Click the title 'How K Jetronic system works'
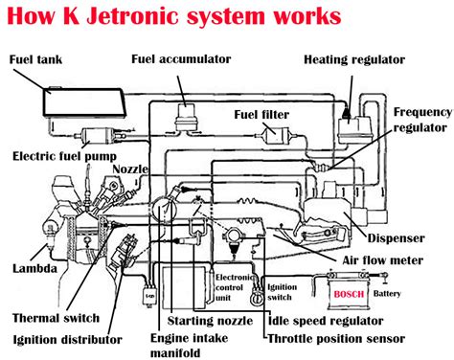(x=171, y=17)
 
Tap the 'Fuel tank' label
(x=34, y=58)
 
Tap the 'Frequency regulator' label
(x=421, y=119)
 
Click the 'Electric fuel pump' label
(x=65, y=154)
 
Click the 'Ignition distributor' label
(x=68, y=339)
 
